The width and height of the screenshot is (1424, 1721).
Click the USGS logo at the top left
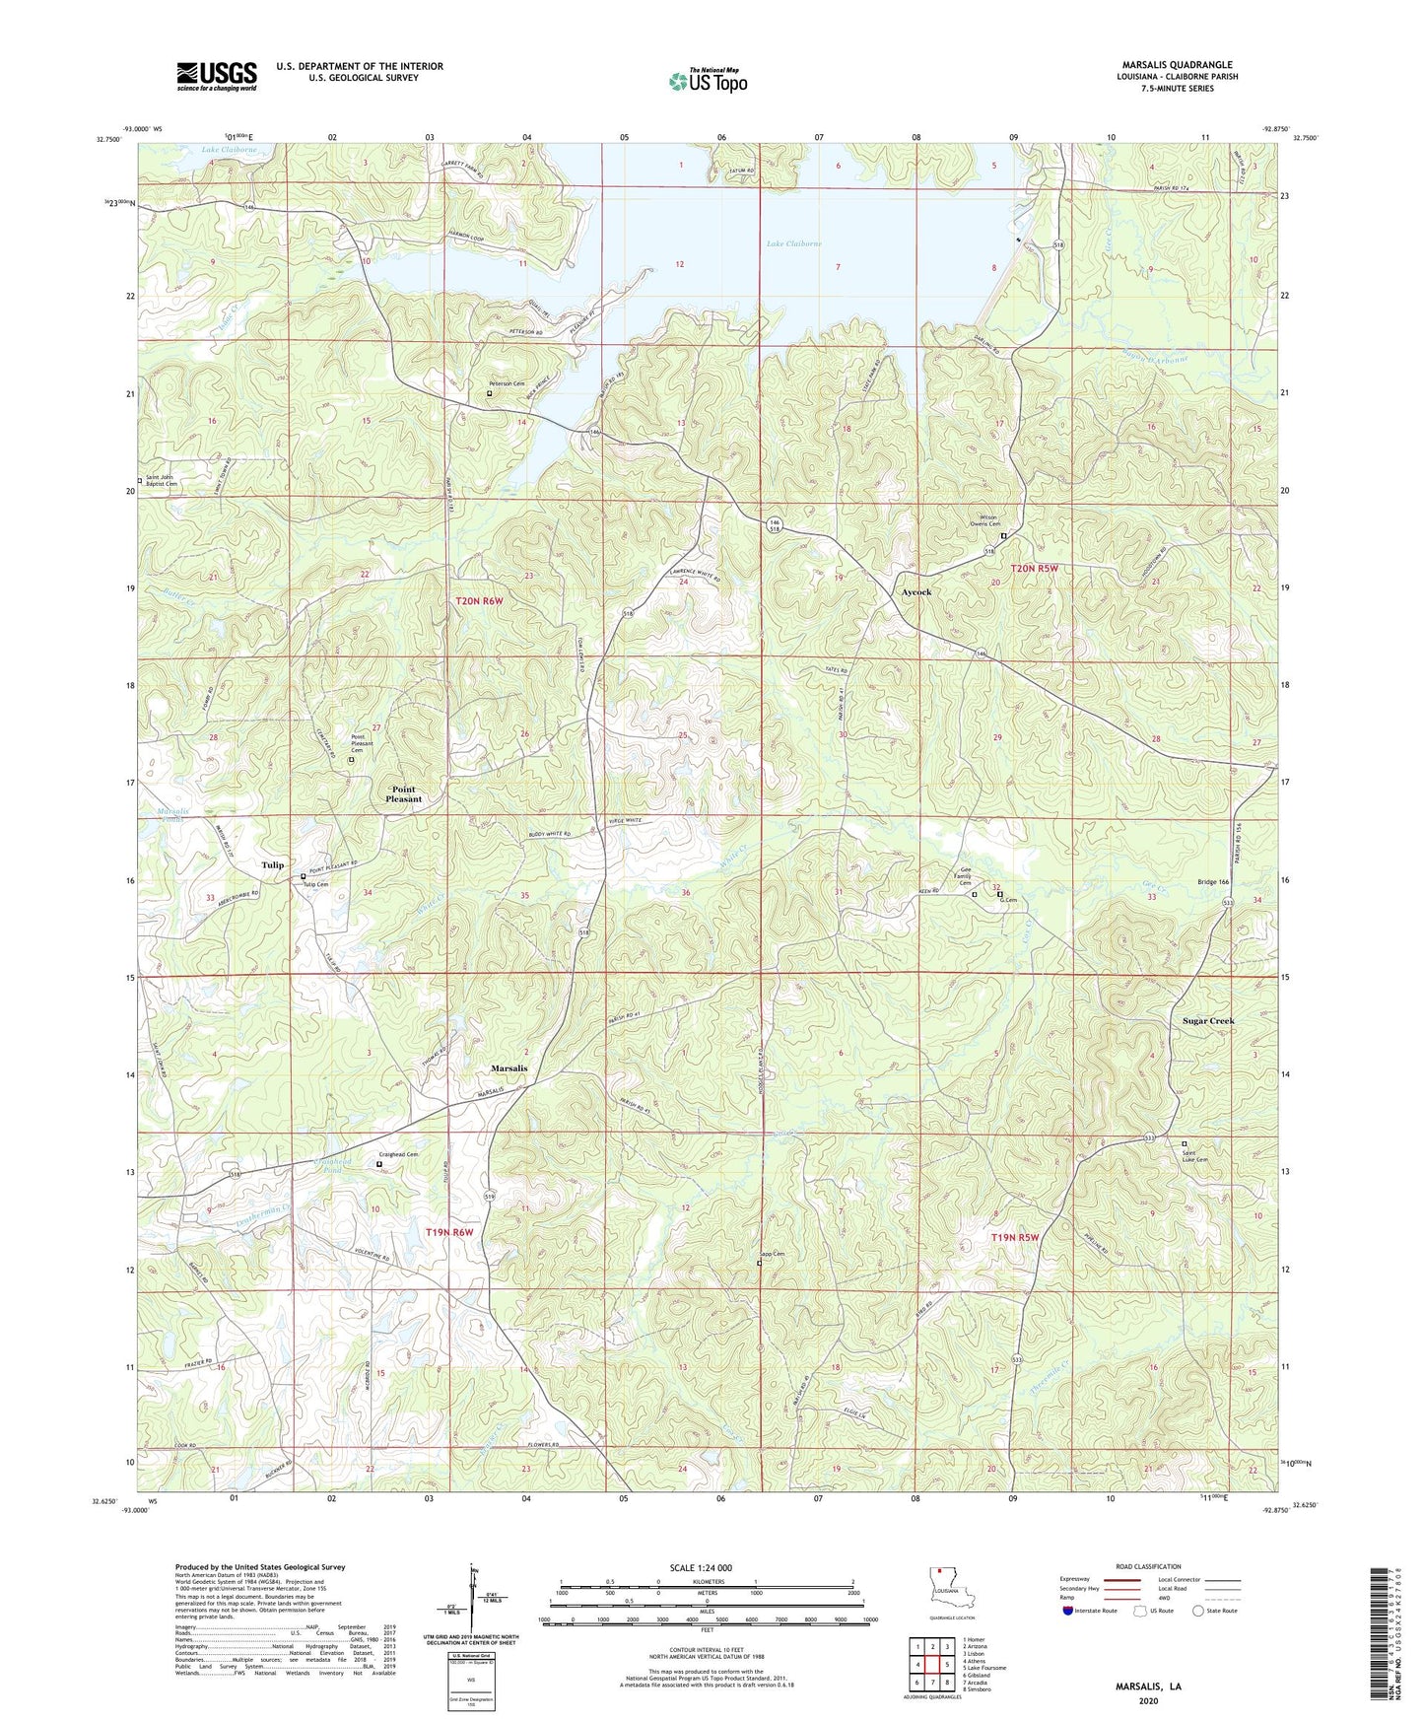pos(216,75)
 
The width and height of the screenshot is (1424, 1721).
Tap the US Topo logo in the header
pos(708,81)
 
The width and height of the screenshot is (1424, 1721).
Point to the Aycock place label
pos(916,592)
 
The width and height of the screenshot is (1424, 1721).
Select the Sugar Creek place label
pos(1207,1021)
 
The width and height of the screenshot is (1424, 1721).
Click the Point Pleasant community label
pos(404,794)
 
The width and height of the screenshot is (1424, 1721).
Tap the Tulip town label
pos(272,865)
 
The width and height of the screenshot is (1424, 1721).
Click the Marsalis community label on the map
pos(509,1068)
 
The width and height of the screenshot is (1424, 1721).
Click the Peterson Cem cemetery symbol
pos(489,393)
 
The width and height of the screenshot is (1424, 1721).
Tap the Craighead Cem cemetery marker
pos(379,1164)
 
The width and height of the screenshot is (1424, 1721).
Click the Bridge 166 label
pos(1213,882)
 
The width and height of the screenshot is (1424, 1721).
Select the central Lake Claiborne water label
pos(793,243)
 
